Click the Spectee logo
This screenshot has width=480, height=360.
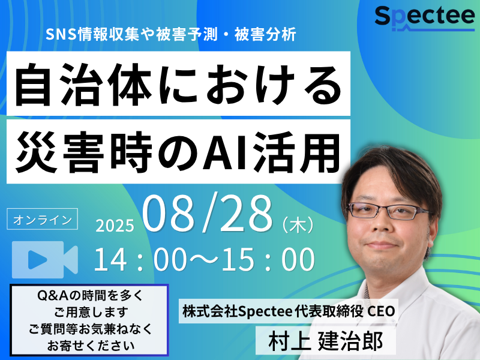(x=425, y=19)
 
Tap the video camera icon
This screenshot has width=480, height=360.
(x=44, y=260)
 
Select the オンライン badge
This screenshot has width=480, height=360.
(x=42, y=219)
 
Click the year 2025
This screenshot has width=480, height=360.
(x=115, y=226)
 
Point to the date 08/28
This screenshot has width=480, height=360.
(x=207, y=213)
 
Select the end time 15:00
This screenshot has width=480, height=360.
(x=268, y=260)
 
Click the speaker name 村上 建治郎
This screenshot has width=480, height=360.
(x=326, y=341)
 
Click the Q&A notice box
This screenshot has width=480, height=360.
(x=89, y=320)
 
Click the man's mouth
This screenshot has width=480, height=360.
(x=380, y=245)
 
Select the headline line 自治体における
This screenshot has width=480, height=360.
(x=178, y=84)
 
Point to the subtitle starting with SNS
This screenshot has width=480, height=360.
(x=171, y=34)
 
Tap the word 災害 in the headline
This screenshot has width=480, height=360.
(x=60, y=152)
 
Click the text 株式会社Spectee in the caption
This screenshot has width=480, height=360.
(x=237, y=311)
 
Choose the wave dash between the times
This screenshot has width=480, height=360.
(x=204, y=260)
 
